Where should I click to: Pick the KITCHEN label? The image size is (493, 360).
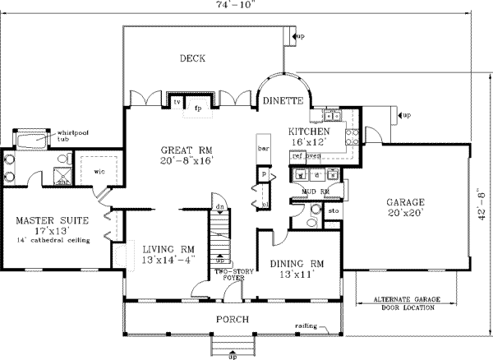click(x=309, y=132)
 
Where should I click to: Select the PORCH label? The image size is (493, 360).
click(x=233, y=318)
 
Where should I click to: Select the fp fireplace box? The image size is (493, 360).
click(x=198, y=105)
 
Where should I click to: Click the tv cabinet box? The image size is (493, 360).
click(x=177, y=101)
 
